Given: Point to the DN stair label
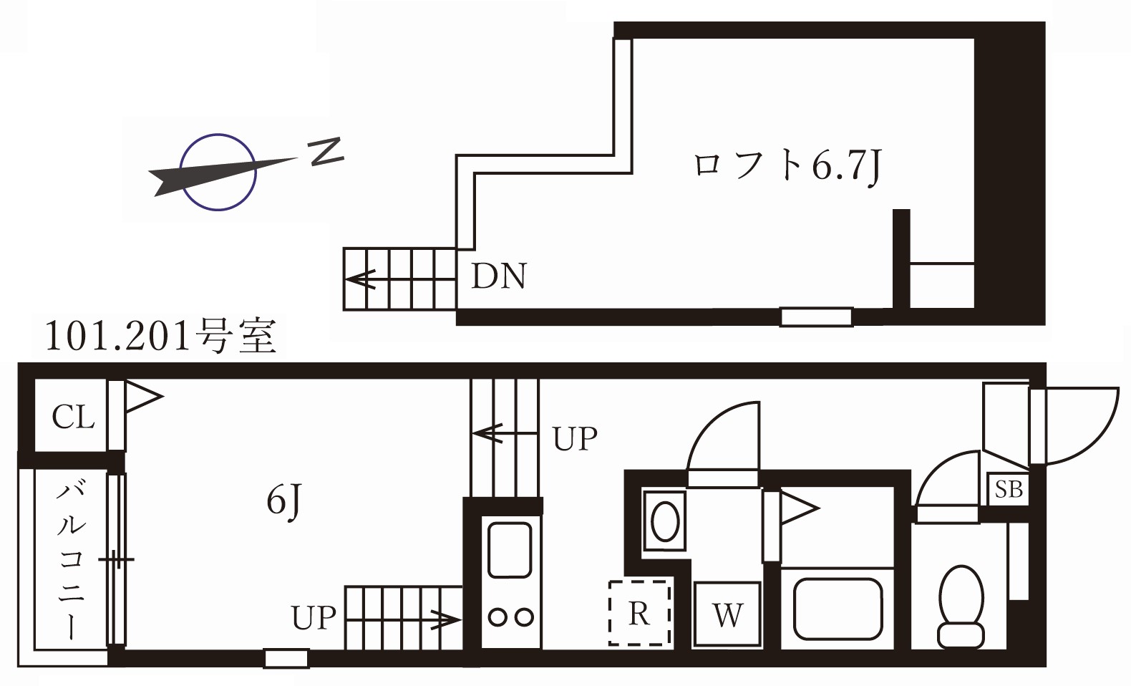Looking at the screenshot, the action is point(499,276).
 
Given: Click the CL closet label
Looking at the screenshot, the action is point(73,417).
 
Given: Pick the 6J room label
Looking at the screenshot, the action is point(284,500).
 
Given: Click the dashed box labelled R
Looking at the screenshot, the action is point(639,613).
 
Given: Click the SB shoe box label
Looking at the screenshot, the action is point(1008,490).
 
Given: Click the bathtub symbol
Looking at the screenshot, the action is point(838,608).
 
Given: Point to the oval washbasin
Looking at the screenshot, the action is point(666,520).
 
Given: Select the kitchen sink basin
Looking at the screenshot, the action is point(509,550).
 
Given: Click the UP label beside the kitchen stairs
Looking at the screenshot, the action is point(575,438).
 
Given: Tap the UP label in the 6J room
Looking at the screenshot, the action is point(313,618).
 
